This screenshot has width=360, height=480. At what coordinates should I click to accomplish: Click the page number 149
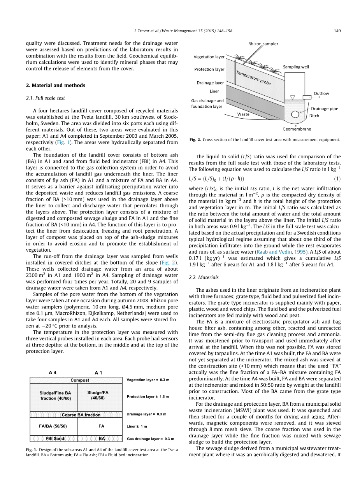pos(337,32)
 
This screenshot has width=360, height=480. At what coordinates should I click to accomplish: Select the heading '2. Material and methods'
pos(55,85)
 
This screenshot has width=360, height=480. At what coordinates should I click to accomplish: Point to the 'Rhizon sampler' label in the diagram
pos(263,44)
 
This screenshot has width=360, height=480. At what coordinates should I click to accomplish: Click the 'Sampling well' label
pos(296,67)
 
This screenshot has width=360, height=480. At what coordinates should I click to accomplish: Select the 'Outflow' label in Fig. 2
pos(321,93)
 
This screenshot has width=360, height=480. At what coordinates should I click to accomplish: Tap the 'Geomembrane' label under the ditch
pos(297,129)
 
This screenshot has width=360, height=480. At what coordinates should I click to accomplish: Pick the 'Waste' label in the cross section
pos(243,114)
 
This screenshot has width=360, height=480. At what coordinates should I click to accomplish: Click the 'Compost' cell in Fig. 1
pos(80,380)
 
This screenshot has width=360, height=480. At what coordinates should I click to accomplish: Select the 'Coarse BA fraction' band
pos(81,415)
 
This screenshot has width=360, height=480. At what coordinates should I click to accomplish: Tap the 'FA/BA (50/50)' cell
pos(53,426)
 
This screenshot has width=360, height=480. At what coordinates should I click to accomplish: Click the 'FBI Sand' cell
pos(54,438)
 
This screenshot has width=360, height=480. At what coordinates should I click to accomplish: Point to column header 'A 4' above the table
pos(53,372)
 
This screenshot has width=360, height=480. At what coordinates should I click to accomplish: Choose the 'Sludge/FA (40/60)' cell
pos(98,395)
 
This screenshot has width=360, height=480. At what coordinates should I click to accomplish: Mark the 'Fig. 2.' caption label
pos(195,140)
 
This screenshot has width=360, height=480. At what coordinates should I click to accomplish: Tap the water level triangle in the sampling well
pos(293,97)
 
